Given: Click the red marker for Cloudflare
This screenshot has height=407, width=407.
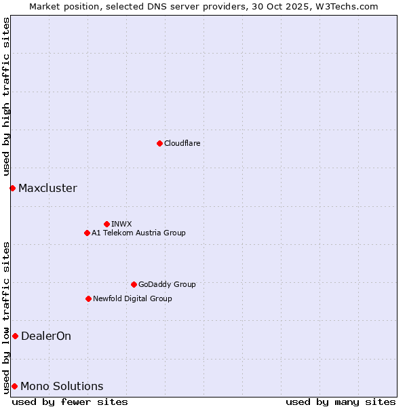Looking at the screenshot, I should click(159, 143).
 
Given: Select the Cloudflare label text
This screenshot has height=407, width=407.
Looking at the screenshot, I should click(182, 143).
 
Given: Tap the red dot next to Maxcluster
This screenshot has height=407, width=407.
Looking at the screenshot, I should click(12, 188).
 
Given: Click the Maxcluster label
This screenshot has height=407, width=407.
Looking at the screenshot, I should click(47, 188).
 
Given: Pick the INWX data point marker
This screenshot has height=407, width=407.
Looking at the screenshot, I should click(106, 224).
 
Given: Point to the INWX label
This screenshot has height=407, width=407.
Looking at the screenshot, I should click(121, 224).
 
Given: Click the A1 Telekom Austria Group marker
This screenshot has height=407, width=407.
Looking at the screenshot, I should click(87, 233).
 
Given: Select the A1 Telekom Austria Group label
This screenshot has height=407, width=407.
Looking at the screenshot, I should click(138, 233).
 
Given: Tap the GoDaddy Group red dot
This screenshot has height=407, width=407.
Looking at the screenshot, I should click(134, 284).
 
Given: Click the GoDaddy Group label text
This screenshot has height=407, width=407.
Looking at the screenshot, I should click(166, 284).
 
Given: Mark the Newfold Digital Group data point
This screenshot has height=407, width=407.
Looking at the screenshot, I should click(88, 298).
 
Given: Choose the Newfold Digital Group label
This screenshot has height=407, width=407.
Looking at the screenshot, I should click(132, 298).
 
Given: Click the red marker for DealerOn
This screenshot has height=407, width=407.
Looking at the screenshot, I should click(15, 336).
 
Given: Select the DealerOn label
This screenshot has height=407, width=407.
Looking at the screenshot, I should click(46, 336).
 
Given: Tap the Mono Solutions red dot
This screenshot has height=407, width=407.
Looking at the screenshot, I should click(14, 386).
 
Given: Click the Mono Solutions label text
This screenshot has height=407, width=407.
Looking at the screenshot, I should click(62, 386).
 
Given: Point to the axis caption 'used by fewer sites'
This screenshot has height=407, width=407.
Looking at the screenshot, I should click(70, 402).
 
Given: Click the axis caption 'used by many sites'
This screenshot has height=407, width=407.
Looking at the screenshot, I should click(341, 402).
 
